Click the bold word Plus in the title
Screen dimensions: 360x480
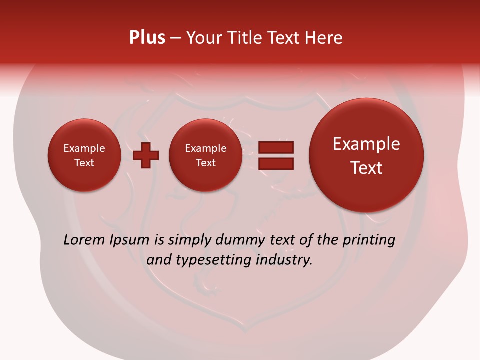tap(147, 38)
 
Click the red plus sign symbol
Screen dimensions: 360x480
tap(146, 155)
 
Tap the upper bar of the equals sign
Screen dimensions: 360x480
tap(276, 147)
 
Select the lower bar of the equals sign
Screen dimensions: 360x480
tap(276, 163)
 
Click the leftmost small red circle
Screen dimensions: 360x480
tap(84, 155)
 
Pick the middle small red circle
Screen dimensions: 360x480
tap(206, 155)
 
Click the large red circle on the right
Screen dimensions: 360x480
tap(366, 155)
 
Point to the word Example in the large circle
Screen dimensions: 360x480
tap(366, 144)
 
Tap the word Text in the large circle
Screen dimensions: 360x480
tap(366, 168)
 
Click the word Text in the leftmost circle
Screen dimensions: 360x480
tap(84, 163)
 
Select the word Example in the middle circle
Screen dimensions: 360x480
tap(206, 148)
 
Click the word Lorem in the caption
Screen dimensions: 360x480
tap(84, 240)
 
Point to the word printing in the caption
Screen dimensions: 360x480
tap(368, 240)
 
